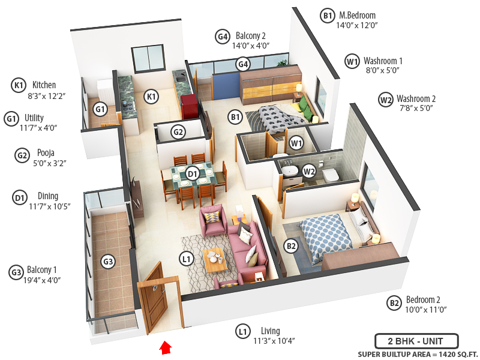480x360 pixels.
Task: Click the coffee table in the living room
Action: (214, 260)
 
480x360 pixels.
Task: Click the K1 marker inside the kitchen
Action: (152, 96)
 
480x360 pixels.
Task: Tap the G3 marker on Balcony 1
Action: (108, 262)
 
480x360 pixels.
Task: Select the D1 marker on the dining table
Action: (193, 174)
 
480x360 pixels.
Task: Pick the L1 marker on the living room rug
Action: (187, 259)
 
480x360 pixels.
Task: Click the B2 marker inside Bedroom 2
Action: (291, 245)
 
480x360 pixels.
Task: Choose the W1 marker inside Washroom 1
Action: (295, 143)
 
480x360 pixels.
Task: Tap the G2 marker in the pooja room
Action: (178, 132)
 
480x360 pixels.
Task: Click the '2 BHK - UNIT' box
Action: (416, 341)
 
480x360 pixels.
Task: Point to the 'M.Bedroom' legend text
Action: (358, 16)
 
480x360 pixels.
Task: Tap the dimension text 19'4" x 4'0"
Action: (44, 280)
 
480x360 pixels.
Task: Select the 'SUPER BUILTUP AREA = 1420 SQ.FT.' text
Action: (416, 354)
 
